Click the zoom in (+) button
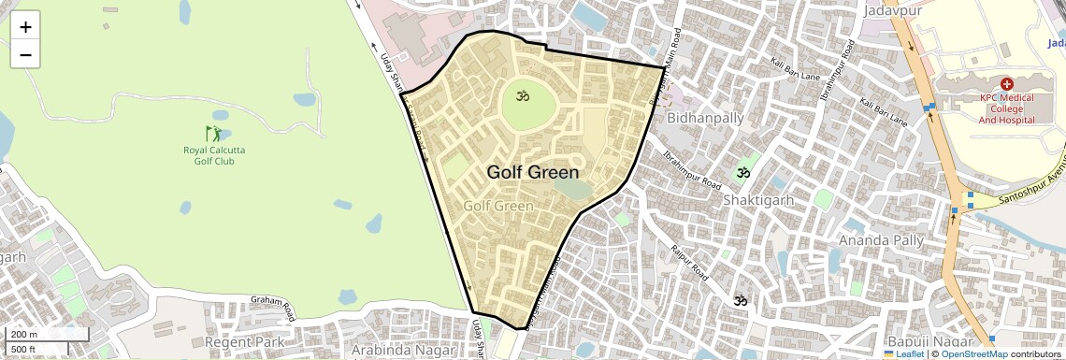point(25,27)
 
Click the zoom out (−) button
point(25,54)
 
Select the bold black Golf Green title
point(532,173)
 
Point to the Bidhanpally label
point(706,118)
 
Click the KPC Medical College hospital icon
point(1007,84)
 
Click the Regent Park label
point(246,342)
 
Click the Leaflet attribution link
point(903,354)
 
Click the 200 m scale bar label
point(24,335)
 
